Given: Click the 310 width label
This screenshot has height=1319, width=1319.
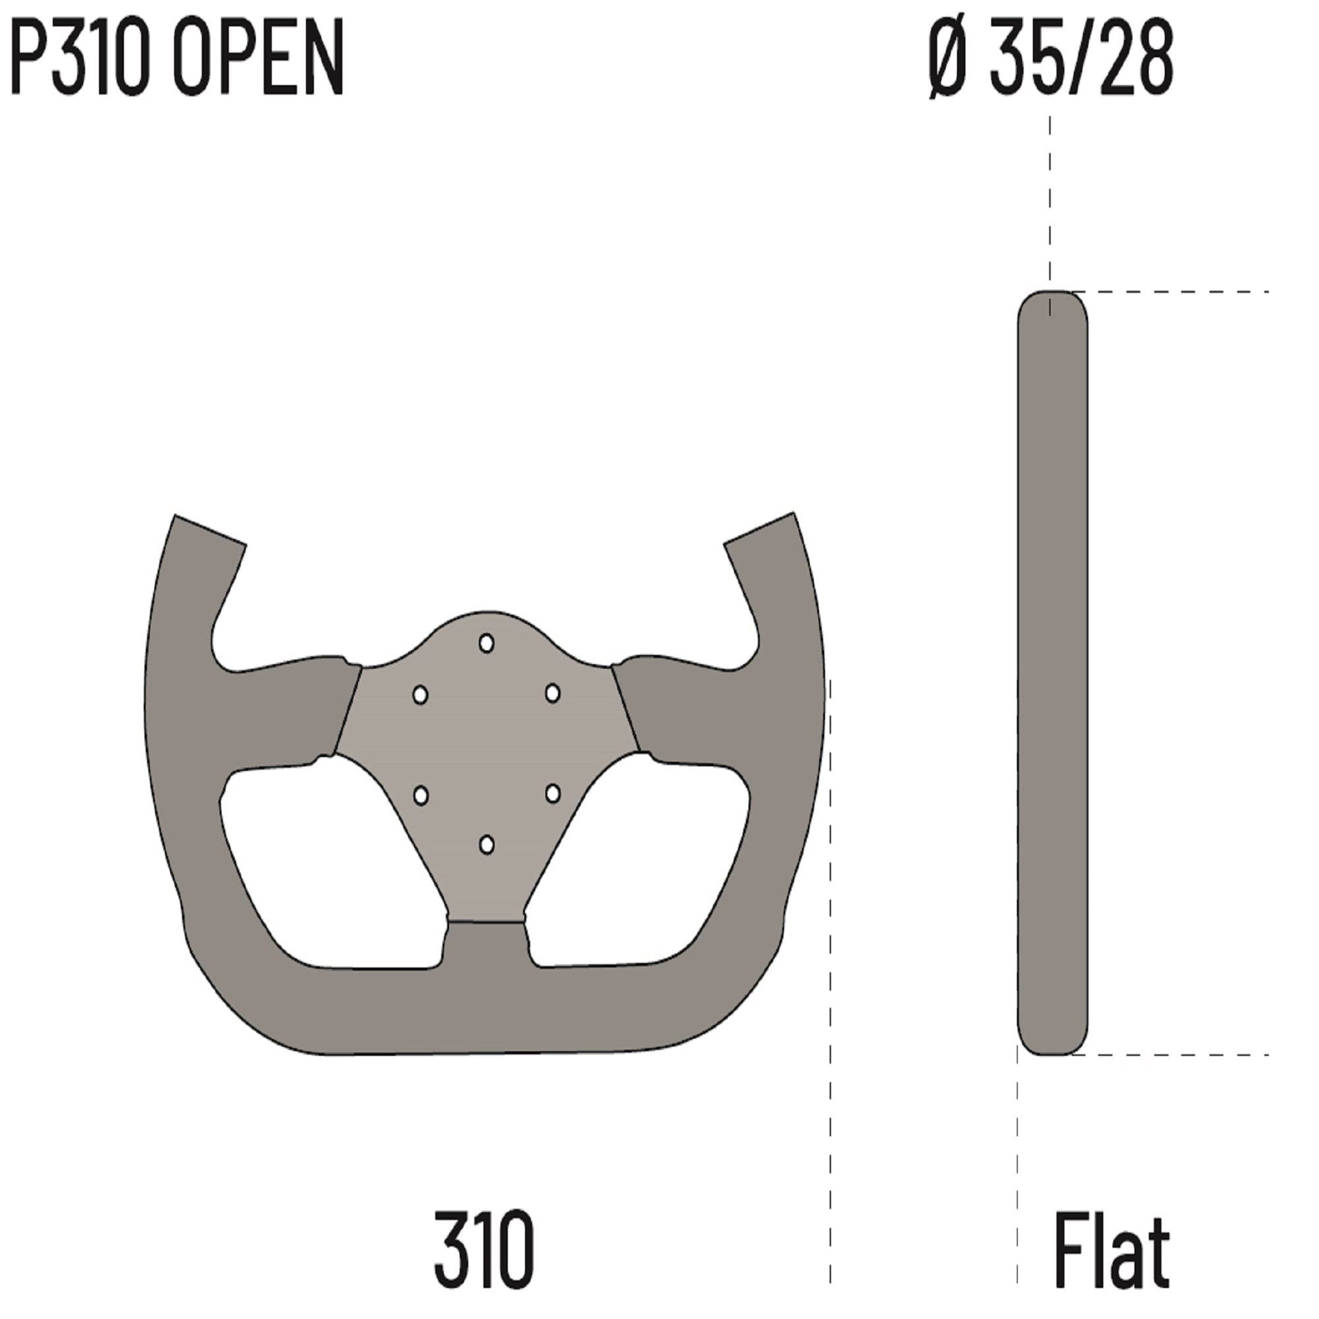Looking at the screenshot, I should tap(484, 1248).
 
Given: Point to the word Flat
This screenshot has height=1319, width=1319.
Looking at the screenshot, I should tap(1111, 1248).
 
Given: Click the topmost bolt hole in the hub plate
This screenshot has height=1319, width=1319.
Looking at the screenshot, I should tap(486, 643).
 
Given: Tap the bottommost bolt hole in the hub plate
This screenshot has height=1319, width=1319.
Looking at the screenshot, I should tap(486, 845).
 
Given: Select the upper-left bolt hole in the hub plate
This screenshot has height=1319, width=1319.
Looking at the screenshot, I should tap(421, 695).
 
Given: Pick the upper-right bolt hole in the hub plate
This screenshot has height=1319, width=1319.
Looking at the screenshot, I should tap(552, 694).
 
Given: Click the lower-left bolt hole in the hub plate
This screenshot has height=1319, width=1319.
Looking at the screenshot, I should tap(421, 795).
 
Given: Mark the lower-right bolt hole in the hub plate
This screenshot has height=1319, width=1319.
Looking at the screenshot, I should tap(552, 793).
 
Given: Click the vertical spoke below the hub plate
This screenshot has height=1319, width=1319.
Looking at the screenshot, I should tap(486, 956).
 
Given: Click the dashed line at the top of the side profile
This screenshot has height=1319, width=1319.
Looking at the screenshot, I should tap(1175, 292).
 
